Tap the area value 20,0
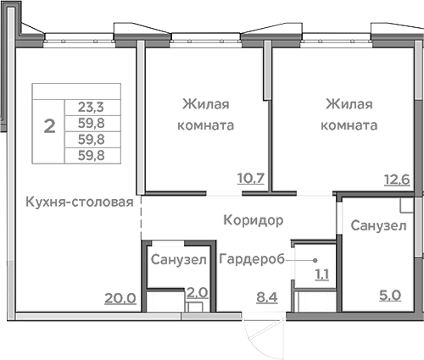coord(120,296)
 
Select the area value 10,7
coord(251,178)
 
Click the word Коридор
coord(253,219)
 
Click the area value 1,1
coord(323,274)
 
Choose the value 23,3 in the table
coord(92,108)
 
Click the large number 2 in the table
coord(49,127)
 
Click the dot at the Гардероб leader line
coord(315,259)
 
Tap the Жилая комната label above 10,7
coord(208,114)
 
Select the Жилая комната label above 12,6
coord(351,114)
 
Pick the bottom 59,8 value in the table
coord(92,155)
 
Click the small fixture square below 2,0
coord(196,307)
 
